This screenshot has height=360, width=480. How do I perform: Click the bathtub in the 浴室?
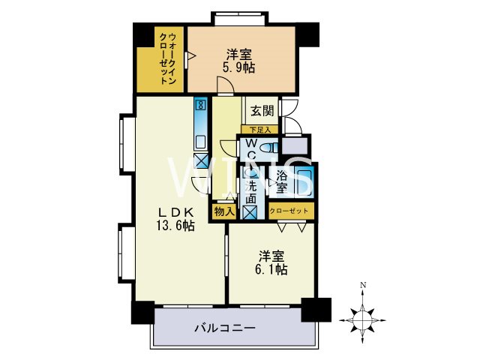[304, 182]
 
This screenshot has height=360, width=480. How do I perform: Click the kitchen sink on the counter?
[200, 140]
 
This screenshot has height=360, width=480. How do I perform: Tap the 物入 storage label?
[224, 211]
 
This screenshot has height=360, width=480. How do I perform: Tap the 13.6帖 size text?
[175, 224]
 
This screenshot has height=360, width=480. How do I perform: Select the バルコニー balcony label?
[225, 328]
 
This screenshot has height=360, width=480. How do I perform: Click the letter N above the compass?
[362, 285]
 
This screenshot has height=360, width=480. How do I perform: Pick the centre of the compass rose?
[362, 319]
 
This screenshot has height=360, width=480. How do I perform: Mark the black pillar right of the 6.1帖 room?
[316, 309]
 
